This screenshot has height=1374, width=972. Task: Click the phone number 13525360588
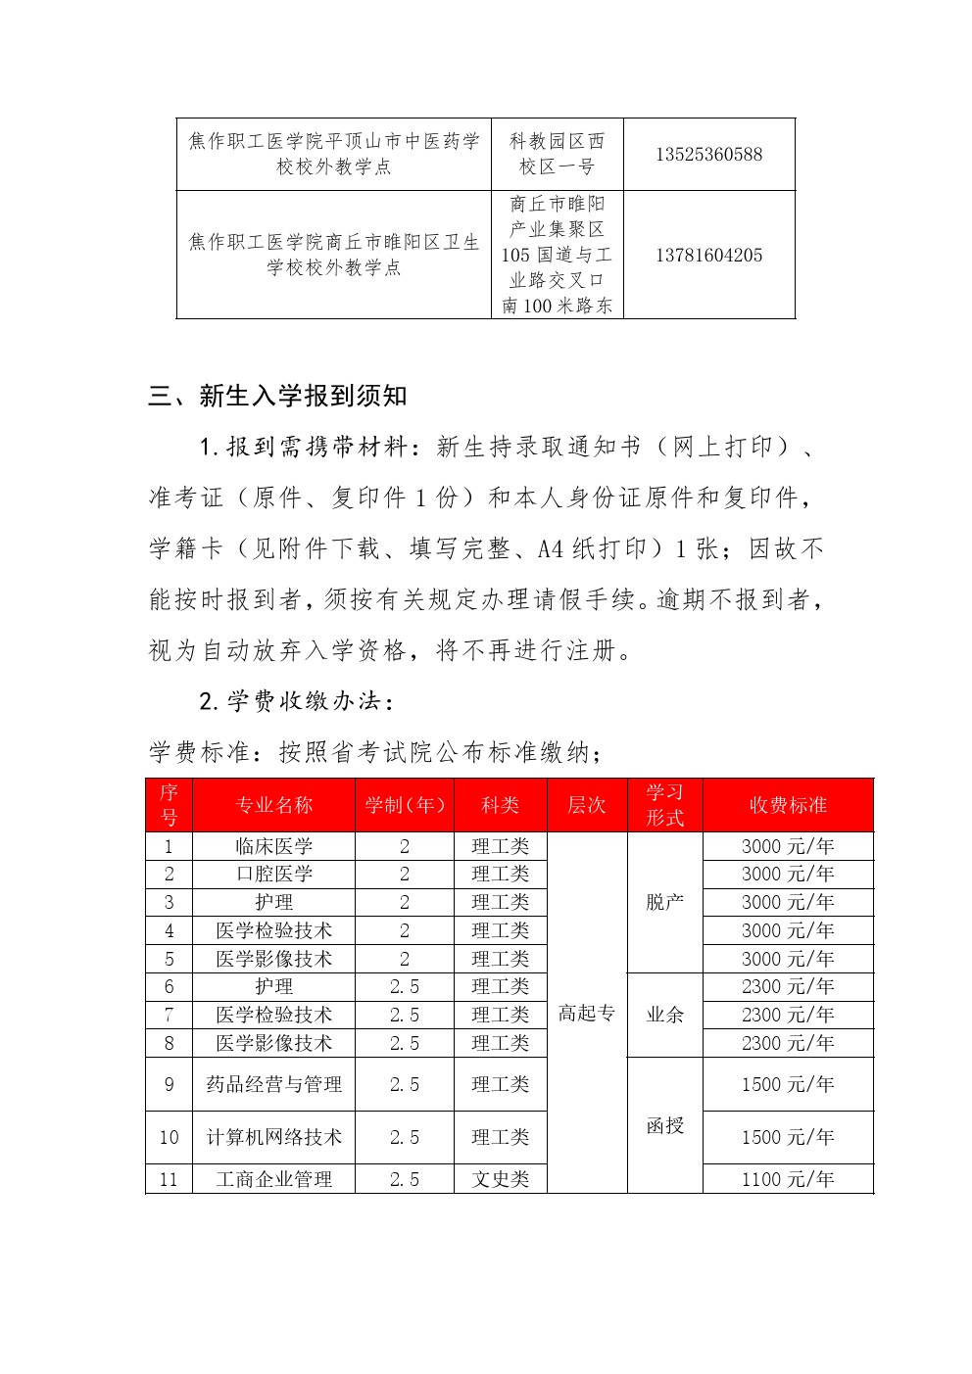[708, 155]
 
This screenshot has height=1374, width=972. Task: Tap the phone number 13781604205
[708, 256]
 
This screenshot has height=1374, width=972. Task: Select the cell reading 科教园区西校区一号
[557, 155]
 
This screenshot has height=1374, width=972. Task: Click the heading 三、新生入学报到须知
[277, 397]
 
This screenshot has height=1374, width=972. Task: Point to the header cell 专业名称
[273, 805]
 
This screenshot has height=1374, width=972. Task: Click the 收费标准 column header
[788, 805]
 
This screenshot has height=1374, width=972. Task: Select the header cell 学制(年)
[405, 805]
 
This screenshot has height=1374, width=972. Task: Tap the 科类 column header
[500, 805]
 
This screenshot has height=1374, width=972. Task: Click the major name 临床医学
[273, 846]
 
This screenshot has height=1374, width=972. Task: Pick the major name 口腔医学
[273, 874]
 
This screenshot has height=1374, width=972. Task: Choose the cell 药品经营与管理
[273, 1084]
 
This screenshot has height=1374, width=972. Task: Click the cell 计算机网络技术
[273, 1137]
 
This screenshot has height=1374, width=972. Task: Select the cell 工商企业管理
[273, 1179]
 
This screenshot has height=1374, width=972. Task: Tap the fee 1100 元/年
[788, 1179]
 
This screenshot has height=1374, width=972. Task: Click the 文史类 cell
[500, 1179]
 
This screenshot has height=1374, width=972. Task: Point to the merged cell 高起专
[586, 1014]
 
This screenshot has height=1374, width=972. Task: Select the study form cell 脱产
[664, 902]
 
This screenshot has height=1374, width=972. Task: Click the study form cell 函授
[664, 1125]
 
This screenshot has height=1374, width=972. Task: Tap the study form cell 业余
[664, 1015]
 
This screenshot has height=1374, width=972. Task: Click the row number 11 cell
[169, 1179]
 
